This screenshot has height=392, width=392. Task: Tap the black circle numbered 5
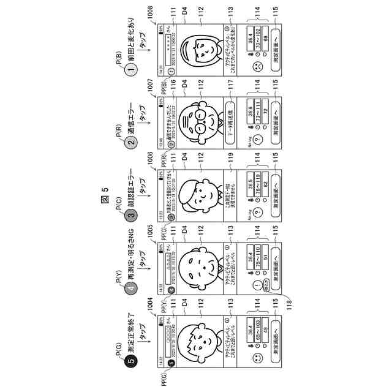130,361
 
